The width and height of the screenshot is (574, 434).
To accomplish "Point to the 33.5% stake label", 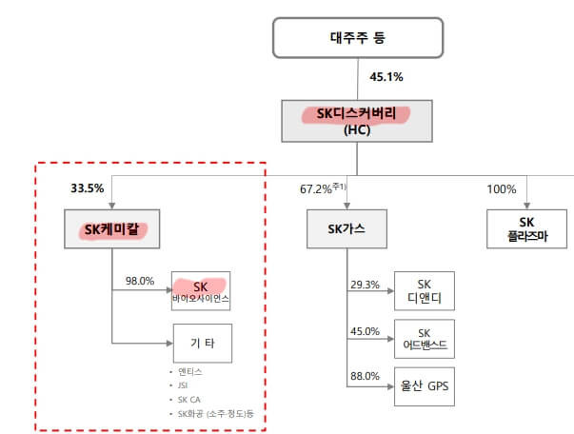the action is pyautogui.click(x=87, y=187).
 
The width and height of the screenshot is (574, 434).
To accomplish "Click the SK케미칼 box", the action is pyautogui.click(x=112, y=229).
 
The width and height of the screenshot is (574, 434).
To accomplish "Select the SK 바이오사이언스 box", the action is pyautogui.click(x=201, y=291).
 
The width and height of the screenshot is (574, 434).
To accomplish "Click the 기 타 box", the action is pyautogui.click(x=201, y=342).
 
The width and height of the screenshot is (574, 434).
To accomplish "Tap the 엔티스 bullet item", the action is pyautogui.click(x=190, y=371).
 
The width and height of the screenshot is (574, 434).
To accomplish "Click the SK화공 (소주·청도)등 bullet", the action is pyautogui.click(x=216, y=415).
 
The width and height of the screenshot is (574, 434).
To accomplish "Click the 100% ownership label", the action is pyautogui.click(x=501, y=188).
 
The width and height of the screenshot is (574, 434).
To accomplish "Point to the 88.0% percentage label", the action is pyautogui.click(x=365, y=377).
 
